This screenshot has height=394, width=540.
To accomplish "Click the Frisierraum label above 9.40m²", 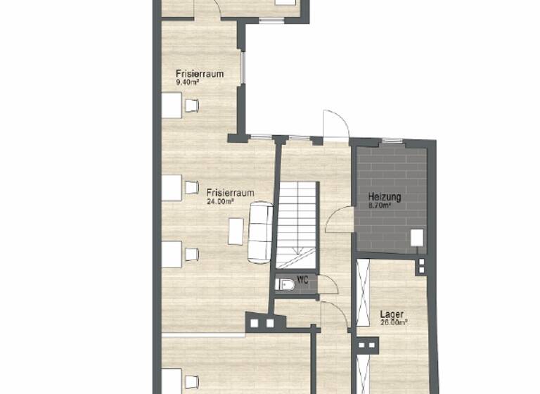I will pyautogui.click(x=199, y=73).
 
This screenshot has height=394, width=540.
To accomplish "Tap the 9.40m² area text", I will pyautogui.click(x=187, y=82).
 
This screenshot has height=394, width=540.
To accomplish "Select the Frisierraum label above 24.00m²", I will pyautogui.click(x=230, y=192).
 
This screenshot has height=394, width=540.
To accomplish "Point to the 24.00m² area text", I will pyautogui.click(x=219, y=201).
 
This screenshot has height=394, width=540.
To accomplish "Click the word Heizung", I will pyautogui.click(x=385, y=198).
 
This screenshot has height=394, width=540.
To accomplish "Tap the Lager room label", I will pyautogui.click(x=392, y=314).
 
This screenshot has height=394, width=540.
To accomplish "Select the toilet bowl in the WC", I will pyautogui.click(x=285, y=285).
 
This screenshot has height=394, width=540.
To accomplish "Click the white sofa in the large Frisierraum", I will pyautogui.click(x=259, y=231).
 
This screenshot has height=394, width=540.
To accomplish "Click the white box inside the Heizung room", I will pyautogui.click(x=417, y=238).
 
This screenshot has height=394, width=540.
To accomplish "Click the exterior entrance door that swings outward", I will pyautogui.click(x=335, y=125).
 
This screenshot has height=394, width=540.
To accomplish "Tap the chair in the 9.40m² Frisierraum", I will pyautogui.click(x=191, y=106).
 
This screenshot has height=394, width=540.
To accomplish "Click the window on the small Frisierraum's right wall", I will pyautogui.click(x=243, y=68).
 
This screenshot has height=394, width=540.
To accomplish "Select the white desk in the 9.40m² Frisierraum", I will pyautogui.click(x=171, y=106).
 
